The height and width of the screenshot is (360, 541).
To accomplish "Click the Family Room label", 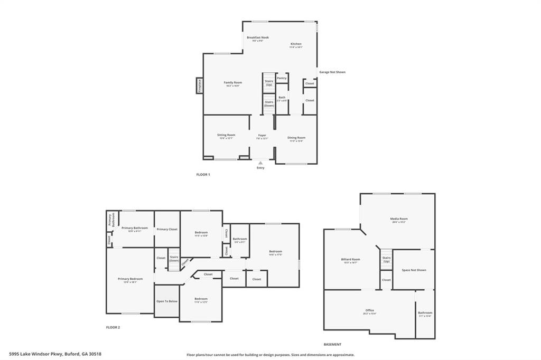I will [233, 82].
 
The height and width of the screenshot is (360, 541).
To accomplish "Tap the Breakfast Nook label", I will [258, 37].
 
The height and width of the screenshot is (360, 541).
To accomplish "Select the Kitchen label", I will [296, 44].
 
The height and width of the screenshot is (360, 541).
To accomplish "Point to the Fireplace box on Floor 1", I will [200, 86].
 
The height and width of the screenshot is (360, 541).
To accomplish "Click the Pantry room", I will [282, 78].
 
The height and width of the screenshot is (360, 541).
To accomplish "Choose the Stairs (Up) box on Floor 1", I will [269, 83].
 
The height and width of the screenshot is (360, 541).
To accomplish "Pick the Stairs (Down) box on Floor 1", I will [269, 103].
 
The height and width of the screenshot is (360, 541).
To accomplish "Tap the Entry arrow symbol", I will [260, 163].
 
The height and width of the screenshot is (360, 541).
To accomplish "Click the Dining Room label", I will [296, 138].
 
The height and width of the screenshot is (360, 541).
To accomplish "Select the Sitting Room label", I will [226, 135].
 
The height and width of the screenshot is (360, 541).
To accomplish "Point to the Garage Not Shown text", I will [332, 72].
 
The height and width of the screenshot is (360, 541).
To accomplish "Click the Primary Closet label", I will [167, 229].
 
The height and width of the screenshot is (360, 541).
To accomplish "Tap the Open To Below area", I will [166, 301].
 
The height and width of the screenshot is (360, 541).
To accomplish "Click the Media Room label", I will [399, 219].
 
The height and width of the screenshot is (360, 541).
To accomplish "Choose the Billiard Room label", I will [350, 259].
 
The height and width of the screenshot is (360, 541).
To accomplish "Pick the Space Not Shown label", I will [414, 270].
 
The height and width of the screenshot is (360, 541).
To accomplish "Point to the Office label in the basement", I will [369, 310].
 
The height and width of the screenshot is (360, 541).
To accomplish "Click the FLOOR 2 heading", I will [113, 327].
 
